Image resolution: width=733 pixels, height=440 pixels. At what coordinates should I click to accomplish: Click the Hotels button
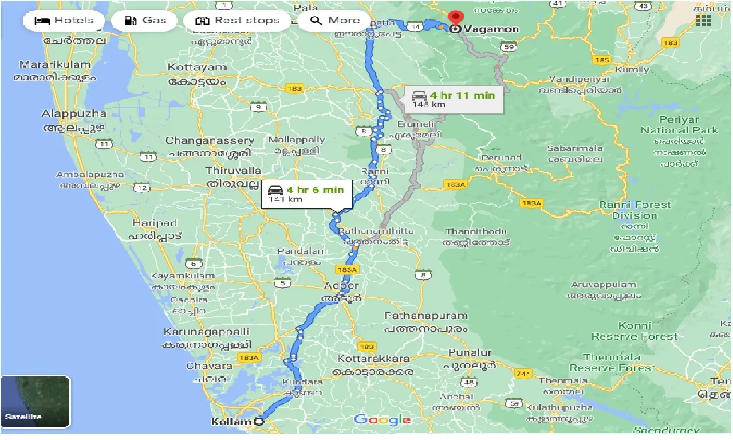click(64, 21)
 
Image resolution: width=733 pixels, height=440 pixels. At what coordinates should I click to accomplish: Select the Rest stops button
click(237, 21)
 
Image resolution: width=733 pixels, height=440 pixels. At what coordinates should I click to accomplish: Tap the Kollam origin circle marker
click(259, 422)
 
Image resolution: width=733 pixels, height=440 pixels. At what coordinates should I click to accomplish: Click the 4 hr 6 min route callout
click(306, 194)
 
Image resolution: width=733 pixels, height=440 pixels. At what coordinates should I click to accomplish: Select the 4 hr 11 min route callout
click(455, 99)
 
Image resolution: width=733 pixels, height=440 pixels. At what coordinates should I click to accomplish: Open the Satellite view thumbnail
click(36, 402)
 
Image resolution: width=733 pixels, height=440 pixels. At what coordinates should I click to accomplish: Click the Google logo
click(382, 420)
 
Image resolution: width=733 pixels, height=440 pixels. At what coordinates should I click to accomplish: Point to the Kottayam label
click(197, 68)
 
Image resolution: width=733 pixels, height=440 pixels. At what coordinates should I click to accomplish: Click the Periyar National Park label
click(679, 125)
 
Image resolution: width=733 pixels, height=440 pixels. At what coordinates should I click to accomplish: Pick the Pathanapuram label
click(425, 316)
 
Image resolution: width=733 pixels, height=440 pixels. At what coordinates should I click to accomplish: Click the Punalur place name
click(470, 352)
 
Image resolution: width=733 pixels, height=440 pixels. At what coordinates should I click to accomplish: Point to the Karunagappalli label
click(206, 332)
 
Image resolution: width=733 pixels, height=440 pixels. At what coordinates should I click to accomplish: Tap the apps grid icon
click(703, 21)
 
